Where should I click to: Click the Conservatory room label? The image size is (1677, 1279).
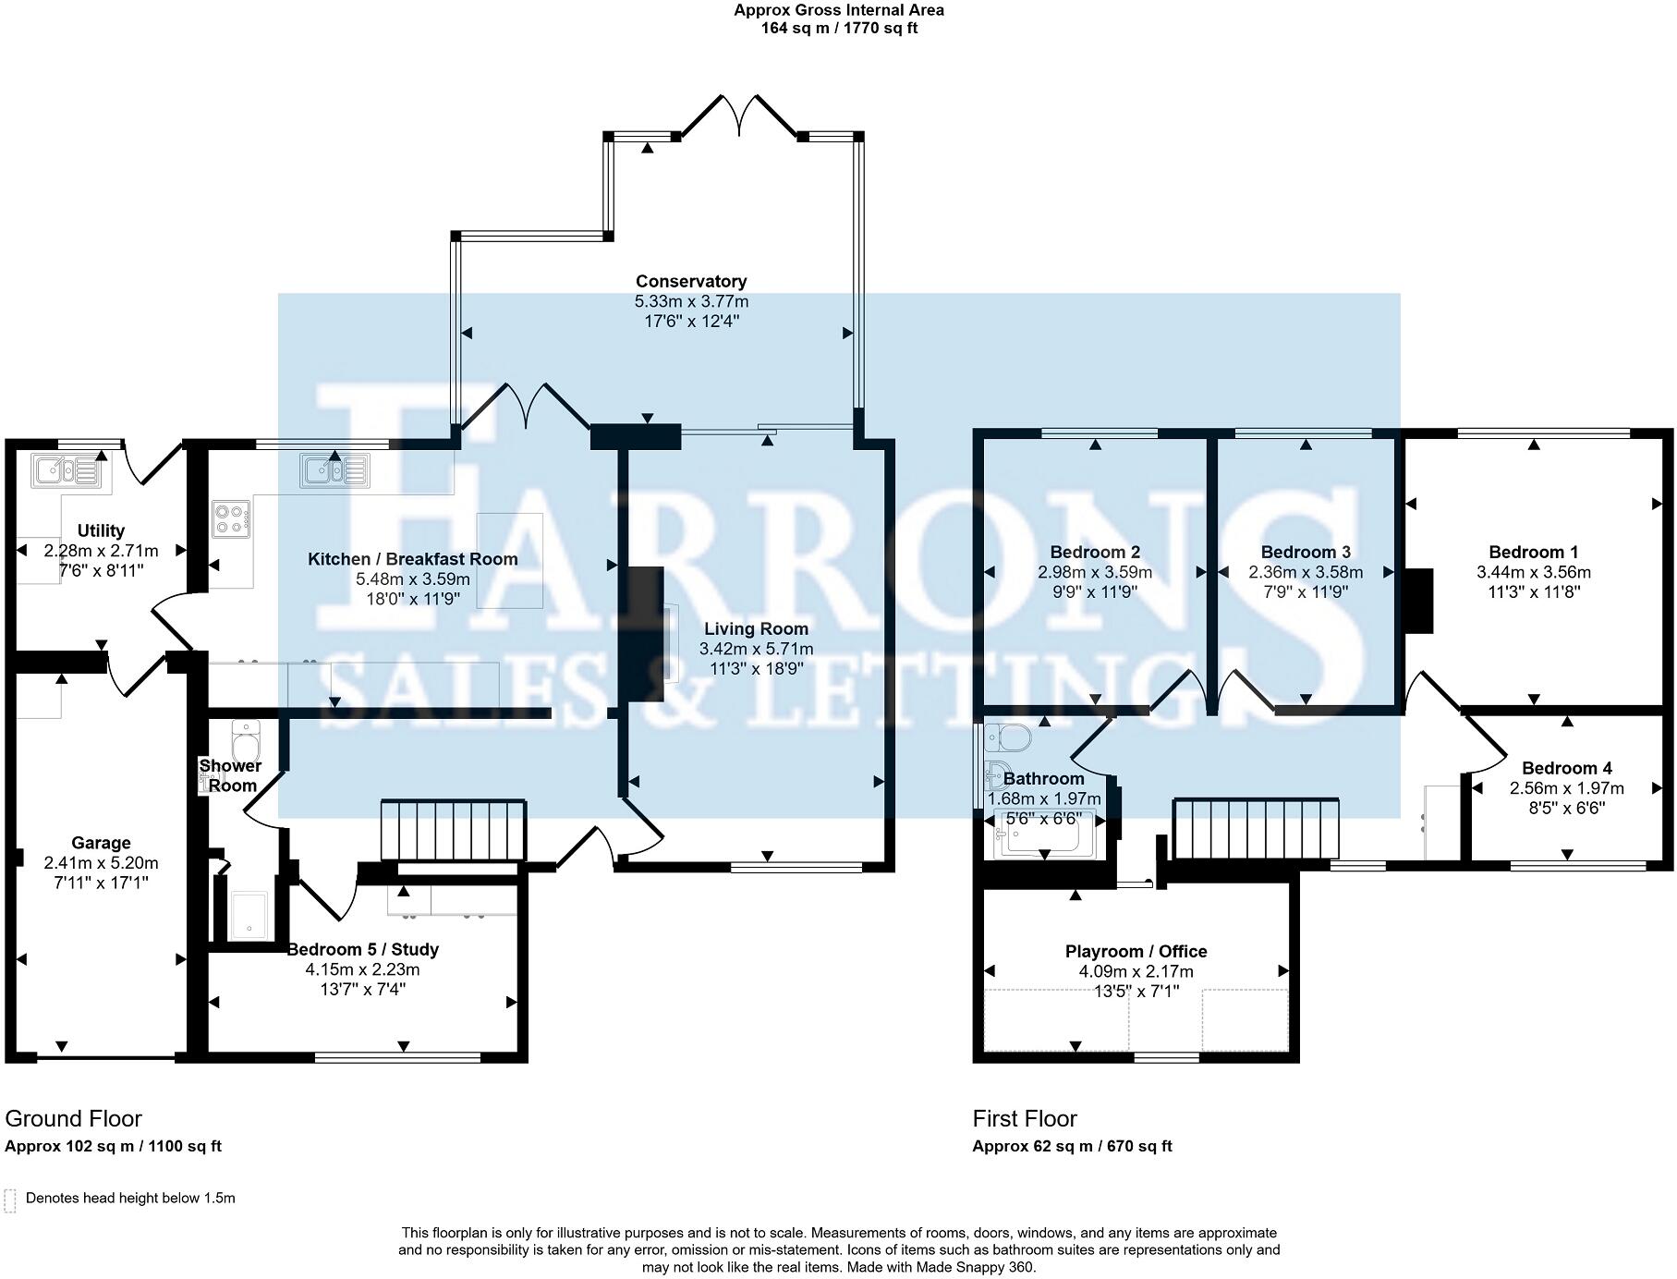click(690, 281)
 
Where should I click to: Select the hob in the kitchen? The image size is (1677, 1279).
click(231, 518)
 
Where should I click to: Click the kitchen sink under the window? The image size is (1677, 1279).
click(334, 469)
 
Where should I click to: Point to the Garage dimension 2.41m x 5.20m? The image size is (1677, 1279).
click(101, 863)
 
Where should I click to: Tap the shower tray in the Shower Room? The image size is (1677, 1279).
click(248, 915)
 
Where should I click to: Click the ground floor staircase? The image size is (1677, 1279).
click(453, 830)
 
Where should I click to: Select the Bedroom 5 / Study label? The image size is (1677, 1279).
click(362, 949)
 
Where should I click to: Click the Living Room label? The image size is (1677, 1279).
click(756, 628)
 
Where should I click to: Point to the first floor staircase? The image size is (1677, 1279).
click(1256, 828)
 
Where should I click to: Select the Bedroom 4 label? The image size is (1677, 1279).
click(1566, 768)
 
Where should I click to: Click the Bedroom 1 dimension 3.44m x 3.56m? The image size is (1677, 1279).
click(1533, 572)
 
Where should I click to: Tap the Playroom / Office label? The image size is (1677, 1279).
click(1136, 951)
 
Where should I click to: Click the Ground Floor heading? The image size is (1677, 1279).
click(73, 1118)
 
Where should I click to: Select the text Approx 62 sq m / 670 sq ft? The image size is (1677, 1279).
click(1072, 1146)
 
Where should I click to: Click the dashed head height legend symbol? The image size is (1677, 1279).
click(10, 1200)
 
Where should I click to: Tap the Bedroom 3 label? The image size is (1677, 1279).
click(1306, 552)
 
